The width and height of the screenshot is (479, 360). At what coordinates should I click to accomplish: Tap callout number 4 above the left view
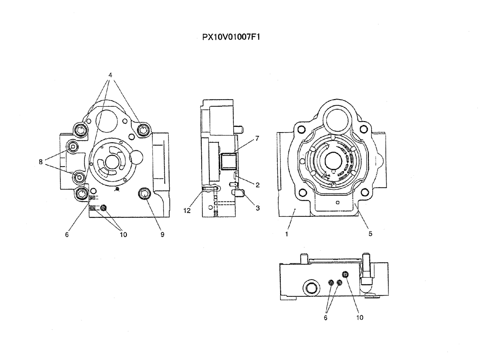110,75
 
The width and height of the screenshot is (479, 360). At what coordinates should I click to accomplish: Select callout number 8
41,162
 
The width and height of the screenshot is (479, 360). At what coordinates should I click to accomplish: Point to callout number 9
162,235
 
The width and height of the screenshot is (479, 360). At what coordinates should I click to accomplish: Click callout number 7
257,138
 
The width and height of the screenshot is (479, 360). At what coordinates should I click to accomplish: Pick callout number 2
257,184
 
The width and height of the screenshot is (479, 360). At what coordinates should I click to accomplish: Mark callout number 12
187,209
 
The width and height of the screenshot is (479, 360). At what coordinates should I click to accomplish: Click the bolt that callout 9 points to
145,193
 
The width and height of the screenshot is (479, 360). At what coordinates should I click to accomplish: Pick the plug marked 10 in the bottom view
345,274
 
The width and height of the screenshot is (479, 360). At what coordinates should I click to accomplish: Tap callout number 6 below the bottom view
326,317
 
